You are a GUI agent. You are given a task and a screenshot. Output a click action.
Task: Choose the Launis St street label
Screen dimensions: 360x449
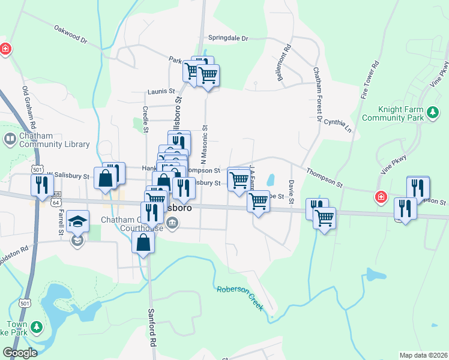[x=161, y=92]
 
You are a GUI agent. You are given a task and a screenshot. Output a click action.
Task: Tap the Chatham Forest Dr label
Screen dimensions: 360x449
[x=316, y=93]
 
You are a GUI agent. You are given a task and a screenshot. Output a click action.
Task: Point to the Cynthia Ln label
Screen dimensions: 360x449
[x=338, y=123]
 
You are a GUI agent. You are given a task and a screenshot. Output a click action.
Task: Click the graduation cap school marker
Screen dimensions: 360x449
[x=77, y=222]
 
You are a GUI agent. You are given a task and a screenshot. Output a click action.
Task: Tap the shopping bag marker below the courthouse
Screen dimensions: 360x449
[x=143, y=243]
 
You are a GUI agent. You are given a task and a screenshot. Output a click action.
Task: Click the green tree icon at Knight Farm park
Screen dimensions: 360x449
[x=432, y=112]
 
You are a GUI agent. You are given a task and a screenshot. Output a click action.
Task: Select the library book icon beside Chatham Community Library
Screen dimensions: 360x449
[x=10, y=140]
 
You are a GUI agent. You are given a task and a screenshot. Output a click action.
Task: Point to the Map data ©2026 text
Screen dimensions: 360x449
[x=423, y=355]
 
